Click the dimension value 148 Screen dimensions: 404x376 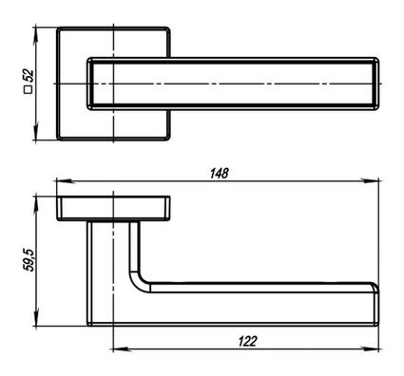(x=219, y=173)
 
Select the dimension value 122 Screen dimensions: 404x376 (x=247, y=342)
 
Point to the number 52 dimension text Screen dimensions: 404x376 (x=29, y=76)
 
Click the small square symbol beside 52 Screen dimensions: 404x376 (x=29, y=90)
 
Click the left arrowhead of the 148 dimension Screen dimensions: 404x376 (x=66, y=181)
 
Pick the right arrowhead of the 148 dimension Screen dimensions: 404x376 (x=370, y=181)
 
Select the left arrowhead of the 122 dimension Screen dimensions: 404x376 (x=123, y=349)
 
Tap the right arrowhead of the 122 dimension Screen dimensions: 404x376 (x=370, y=349)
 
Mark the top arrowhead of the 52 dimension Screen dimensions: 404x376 (x=35, y=36)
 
